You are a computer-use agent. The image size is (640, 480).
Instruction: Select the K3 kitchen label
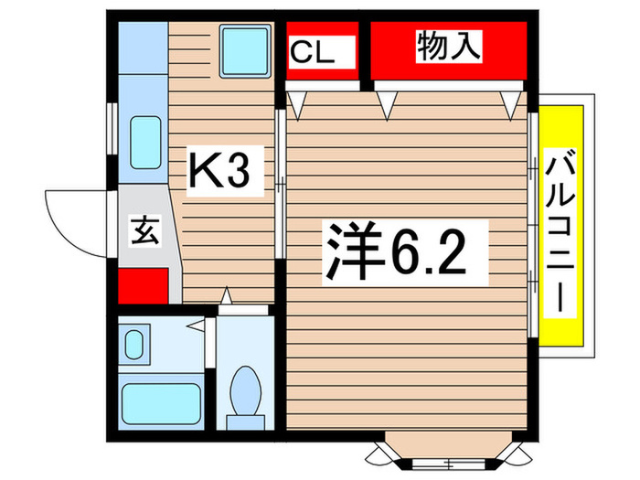click(x=219, y=171)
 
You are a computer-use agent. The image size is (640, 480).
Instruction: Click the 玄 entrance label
click(x=146, y=229)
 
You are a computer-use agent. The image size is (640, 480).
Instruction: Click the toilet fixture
click(x=245, y=391)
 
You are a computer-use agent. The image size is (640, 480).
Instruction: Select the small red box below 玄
click(x=143, y=284)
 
